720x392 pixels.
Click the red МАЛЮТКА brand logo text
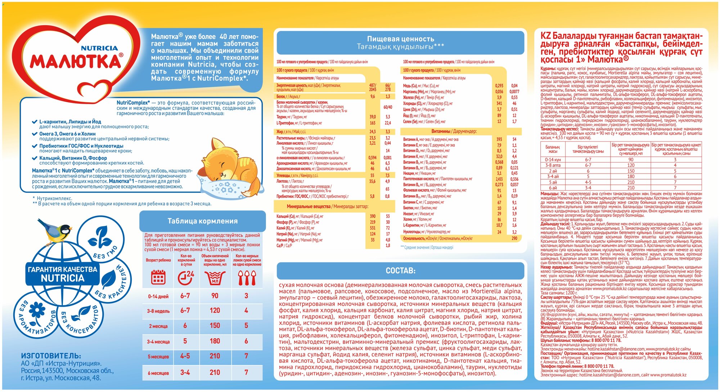click(x=76, y=62)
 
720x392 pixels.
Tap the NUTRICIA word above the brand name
click(x=99, y=48)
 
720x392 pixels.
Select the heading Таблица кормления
click(x=202, y=221)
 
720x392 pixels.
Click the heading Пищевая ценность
click(x=400, y=39)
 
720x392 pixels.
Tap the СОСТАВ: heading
click(x=400, y=271)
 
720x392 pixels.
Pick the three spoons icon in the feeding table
click(x=247, y=278)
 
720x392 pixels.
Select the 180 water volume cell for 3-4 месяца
click(x=215, y=341)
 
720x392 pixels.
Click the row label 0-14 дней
click(x=158, y=297)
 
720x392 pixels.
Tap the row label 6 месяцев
click(x=158, y=373)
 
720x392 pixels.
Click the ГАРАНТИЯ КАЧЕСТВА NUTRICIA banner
click(x=62, y=274)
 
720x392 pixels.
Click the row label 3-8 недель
click(x=158, y=311)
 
